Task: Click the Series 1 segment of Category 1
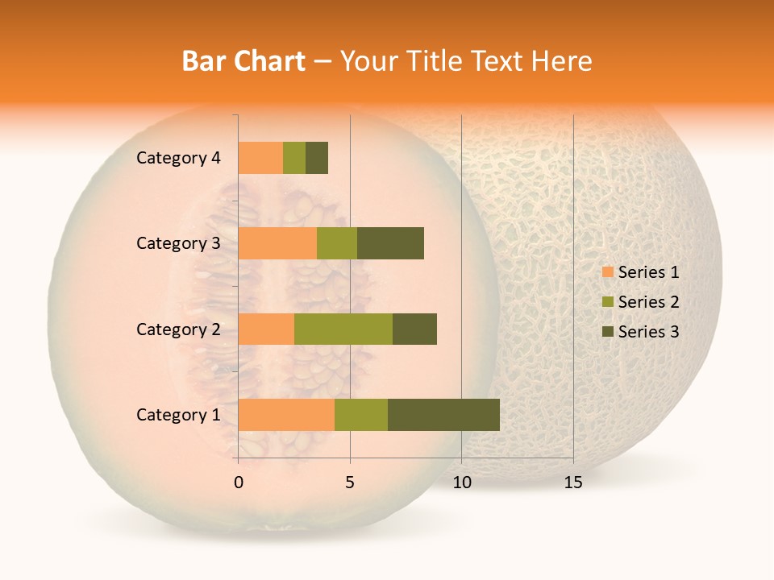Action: click(x=286, y=415)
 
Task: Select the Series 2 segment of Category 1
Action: click(x=361, y=415)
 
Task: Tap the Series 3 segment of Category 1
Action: click(x=443, y=415)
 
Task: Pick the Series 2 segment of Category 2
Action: click(x=343, y=329)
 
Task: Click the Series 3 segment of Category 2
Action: click(x=414, y=329)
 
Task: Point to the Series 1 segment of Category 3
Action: click(x=277, y=243)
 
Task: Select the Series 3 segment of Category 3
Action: click(x=390, y=243)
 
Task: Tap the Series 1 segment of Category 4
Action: click(x=260, y=158)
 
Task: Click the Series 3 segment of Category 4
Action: click(x=317, y=158)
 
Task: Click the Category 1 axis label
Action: click(x=177, y=415)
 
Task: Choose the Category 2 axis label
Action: click(x=177, y=329)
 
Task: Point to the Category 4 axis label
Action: click(x=177, y=158)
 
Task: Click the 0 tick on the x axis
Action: click(x=239, y=483)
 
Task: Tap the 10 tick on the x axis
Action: click(x=461, y=483)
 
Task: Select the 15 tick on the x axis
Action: click(x=573, y=483)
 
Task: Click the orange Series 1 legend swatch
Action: click(x=607, y=272)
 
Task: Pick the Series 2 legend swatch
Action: click(x=607, y=302)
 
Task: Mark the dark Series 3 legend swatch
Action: click(x=607, y=332)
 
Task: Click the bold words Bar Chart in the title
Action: click(x=243, y=61)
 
